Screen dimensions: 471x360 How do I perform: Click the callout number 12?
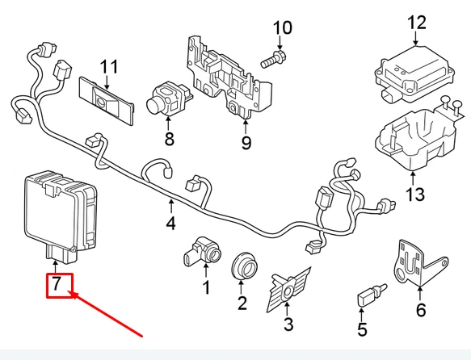tap(417, 23)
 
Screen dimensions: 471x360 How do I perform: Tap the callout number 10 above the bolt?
tap(282, 27)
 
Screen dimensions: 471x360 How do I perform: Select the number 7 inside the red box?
tap(57, 283)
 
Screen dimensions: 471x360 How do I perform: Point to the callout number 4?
tap(170, 224)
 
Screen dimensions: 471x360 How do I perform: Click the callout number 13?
tap(415, 194)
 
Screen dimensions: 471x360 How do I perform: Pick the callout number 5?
tap(362, 329)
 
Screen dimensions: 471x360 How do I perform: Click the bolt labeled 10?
tap(274, 59)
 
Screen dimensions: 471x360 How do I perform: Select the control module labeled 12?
tap(414, 73)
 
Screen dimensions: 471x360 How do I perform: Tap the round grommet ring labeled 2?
tap(245, 266)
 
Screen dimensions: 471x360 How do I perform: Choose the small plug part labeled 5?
tap(371, 295)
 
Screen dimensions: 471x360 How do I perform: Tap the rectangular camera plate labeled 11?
tap(107, 100)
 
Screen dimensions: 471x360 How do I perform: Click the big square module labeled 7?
tap(61, 216)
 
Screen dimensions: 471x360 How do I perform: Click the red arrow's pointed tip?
tap(69, 291)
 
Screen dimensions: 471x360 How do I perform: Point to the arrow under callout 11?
tap(107, 82)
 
